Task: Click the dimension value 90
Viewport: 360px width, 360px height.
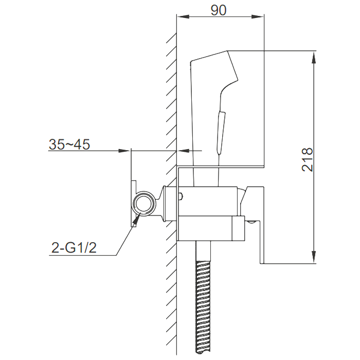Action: [219, 10]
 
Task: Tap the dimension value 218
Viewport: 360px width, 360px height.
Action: [307, 159]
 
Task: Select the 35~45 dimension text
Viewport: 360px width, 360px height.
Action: [69, 145]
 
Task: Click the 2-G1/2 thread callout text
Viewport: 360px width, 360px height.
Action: [74, 248]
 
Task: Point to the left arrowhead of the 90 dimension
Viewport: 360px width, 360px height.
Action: [183, 16]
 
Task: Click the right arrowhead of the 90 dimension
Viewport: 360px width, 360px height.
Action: [258, 16]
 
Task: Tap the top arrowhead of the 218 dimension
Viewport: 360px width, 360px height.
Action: [314, 57]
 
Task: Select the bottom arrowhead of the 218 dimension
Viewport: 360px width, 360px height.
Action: [314, 257]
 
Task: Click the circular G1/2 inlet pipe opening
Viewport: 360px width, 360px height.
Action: [143, 204]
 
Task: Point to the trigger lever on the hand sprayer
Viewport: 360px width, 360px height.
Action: [221, 132]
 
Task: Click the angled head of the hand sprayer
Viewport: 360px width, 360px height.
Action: [214, 69]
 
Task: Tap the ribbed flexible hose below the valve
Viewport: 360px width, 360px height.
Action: [204, 310]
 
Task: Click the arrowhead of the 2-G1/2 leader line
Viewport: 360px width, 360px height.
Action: [136, 219]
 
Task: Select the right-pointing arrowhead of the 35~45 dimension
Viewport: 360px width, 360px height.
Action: [124, 151]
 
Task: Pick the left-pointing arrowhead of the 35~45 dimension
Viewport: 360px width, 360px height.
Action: [184, 151]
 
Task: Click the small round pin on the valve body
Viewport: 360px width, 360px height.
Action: [181, 196]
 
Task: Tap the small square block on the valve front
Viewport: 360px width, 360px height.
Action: [239, 228]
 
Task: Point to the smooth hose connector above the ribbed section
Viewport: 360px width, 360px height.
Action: [204, 251]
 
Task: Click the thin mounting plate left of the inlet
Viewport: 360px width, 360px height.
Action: [134, 204]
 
